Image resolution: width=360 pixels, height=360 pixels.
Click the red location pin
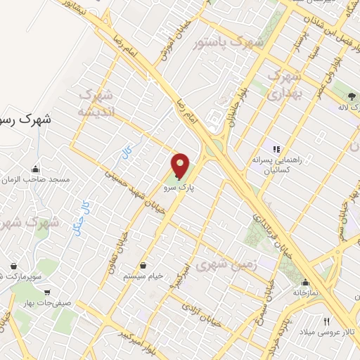point(181,166)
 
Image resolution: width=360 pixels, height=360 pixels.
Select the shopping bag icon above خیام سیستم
point(144,266)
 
